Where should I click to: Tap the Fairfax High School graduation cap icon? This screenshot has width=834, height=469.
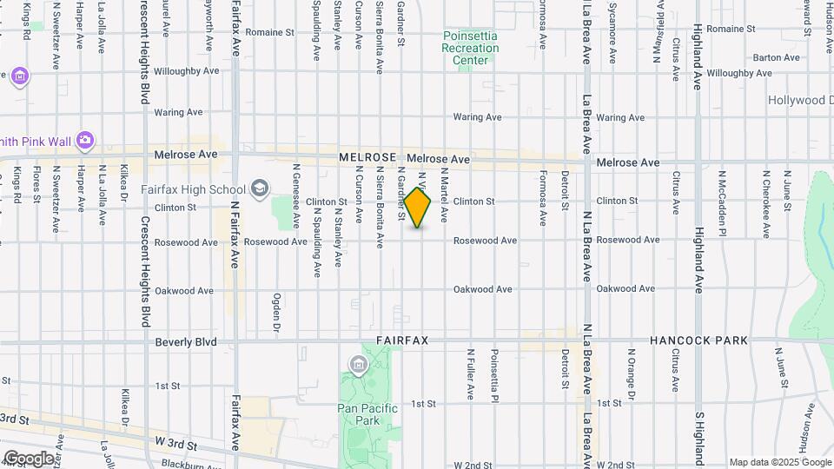pos(259,188)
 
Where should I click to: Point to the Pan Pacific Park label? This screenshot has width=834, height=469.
pos(367,414)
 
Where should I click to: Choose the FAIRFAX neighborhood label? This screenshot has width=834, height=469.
pos(402,341)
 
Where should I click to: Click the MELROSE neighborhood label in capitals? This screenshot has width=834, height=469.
pos(367,158)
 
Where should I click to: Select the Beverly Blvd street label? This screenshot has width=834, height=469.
pos(186,342)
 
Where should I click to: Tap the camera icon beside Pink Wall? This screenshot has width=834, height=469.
pos(84,140)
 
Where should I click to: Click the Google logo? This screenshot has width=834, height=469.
pos(29,458)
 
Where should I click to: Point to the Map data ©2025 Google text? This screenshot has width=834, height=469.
pos(779,462)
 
